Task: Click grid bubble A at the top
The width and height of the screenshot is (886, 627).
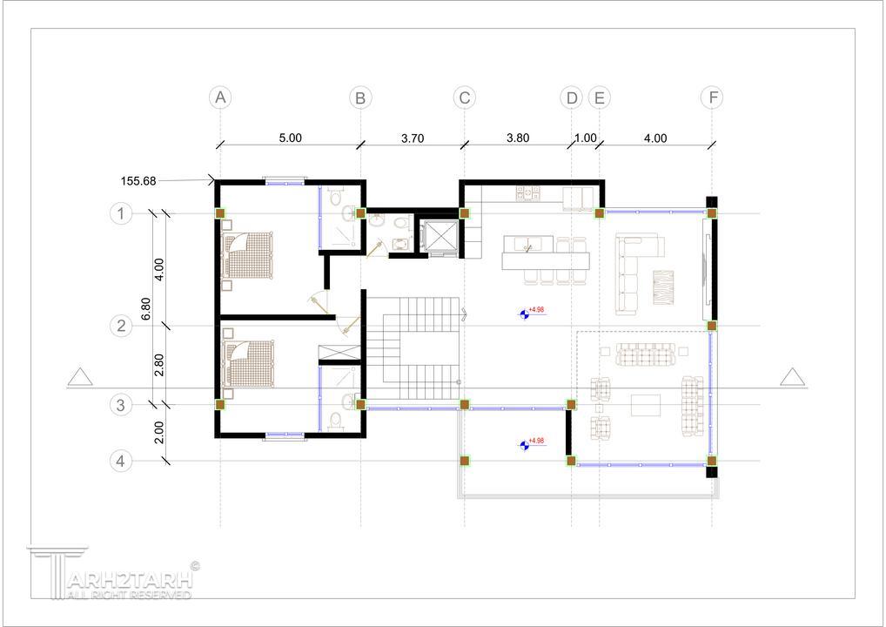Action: click(220, 98)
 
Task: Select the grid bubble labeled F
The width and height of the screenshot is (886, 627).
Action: click(712, 98)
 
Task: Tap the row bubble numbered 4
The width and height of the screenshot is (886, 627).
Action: click(120, 462)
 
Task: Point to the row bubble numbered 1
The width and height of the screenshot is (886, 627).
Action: click(120, 213)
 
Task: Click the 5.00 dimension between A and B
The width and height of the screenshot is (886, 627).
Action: click(291, 138)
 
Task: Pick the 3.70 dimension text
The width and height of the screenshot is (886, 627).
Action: click(413, 138)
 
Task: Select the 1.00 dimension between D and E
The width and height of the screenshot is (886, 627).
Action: click(586, 138)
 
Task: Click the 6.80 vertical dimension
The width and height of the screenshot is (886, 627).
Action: click(145, 308)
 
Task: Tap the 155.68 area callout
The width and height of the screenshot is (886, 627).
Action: click(138, 181)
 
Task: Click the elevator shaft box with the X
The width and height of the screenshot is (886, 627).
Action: click(439, 237)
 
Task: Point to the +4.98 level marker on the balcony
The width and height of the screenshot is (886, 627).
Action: click(531, 444)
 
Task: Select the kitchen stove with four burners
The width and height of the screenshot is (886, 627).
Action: click(527, 194)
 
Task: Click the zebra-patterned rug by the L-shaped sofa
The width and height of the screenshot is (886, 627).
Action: click(663, 287)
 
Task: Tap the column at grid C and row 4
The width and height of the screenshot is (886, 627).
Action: click(465, 461)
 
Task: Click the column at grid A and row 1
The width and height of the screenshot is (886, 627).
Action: click(220, 213)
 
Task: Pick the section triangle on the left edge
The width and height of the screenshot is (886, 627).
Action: click(80, 377)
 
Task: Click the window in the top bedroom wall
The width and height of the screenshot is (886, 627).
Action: click(285, 182)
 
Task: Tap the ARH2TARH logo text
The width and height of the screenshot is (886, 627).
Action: click(130, 580)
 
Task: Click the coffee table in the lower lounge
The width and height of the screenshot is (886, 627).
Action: click(646, 406)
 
